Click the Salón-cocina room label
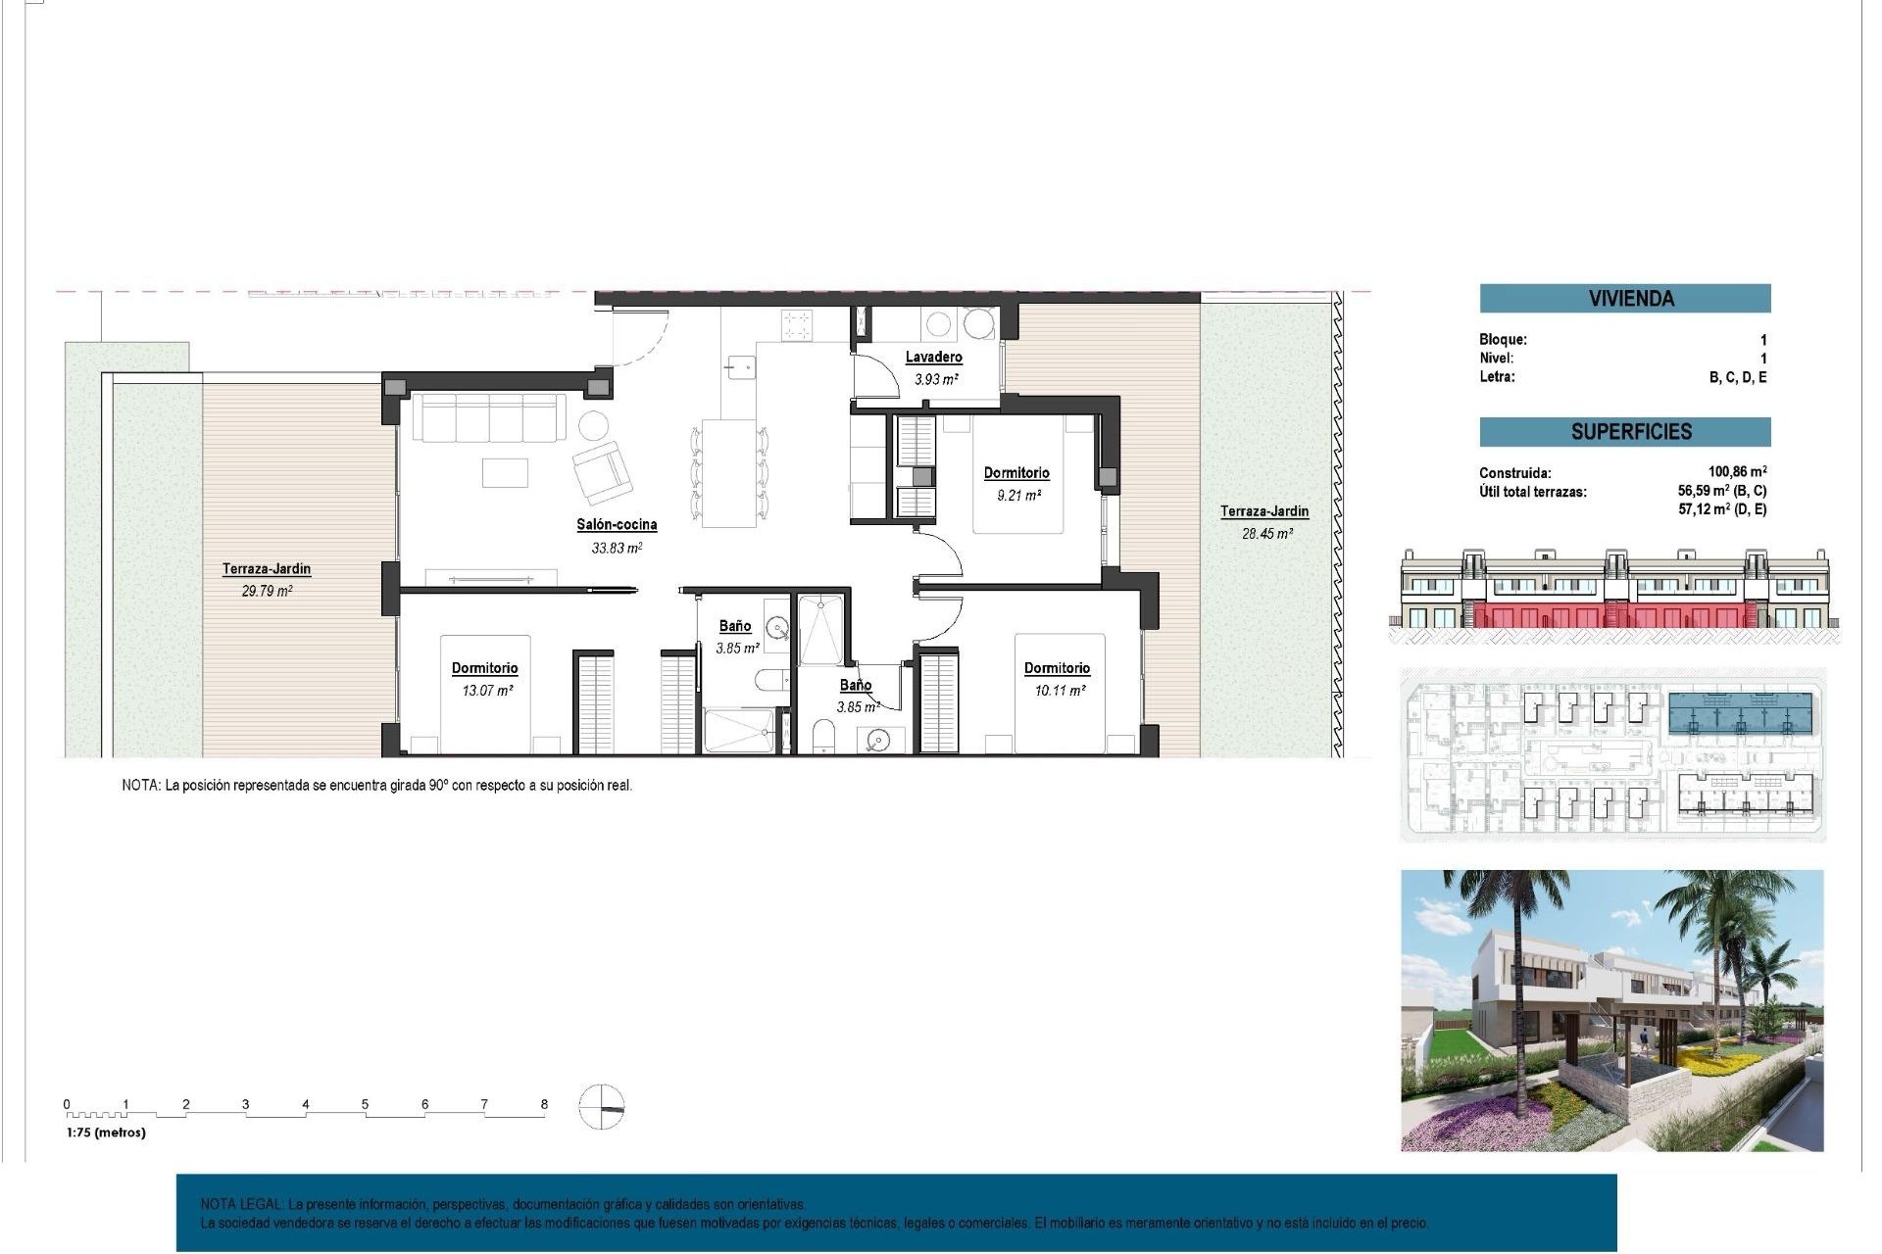point(617,524)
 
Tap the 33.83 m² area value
point(617,548)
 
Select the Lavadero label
point(933,357)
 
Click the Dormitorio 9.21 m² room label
point(1016,472)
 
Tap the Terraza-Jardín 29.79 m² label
point(266,568)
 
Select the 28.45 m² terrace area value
point(1266,534)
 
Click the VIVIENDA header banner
point(1624,299)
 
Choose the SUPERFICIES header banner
point(1624,432)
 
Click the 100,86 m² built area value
point(1737,471)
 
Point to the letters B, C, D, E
point(1737,377)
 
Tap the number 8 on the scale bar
point(544,1104)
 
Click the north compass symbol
point(601,1107)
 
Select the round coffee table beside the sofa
point(593,425)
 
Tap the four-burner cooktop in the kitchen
point(797,324)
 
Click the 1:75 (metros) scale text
point(106,1133)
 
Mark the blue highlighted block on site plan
point(1740,714)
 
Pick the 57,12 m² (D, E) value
point(1721,509)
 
